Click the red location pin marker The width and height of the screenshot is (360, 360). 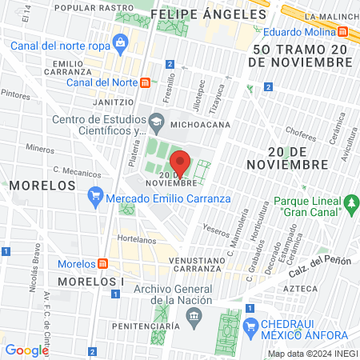coord(181,162)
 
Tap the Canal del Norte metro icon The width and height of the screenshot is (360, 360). coord(145,82)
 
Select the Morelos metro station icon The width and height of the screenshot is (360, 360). coord(102,264)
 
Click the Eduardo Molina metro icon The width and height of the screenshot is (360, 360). coord(343,32)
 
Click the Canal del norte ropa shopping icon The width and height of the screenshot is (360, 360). coord(120,41)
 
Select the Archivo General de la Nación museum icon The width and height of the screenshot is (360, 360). coord(192,318)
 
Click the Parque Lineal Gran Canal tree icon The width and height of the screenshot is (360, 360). coord(350,206)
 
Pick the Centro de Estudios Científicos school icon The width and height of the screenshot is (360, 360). coord(157,122)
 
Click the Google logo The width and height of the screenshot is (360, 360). coord(26,350)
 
